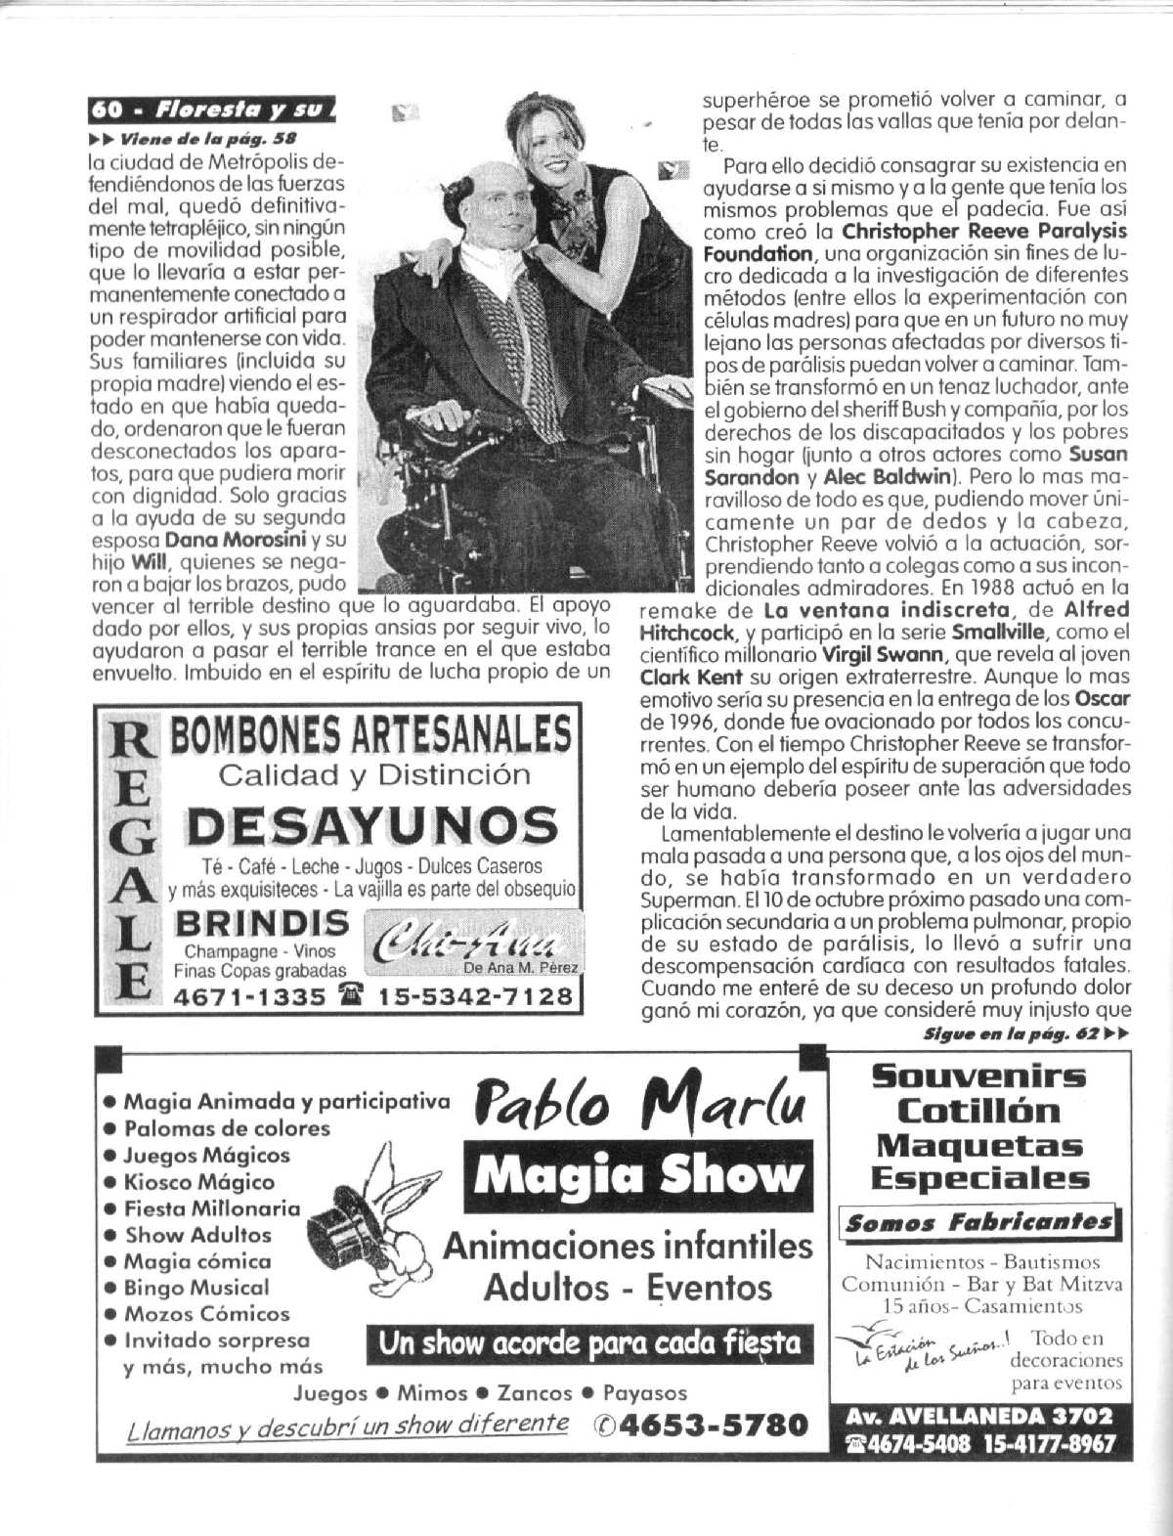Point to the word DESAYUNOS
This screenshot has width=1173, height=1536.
click(x=372, y=827)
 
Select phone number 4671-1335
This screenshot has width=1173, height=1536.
click(x=248, y=996)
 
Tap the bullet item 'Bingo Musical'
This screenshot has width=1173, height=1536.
click(x=195, y=1288)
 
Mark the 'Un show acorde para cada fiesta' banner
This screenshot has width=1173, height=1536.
click(x=589, y=1344)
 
